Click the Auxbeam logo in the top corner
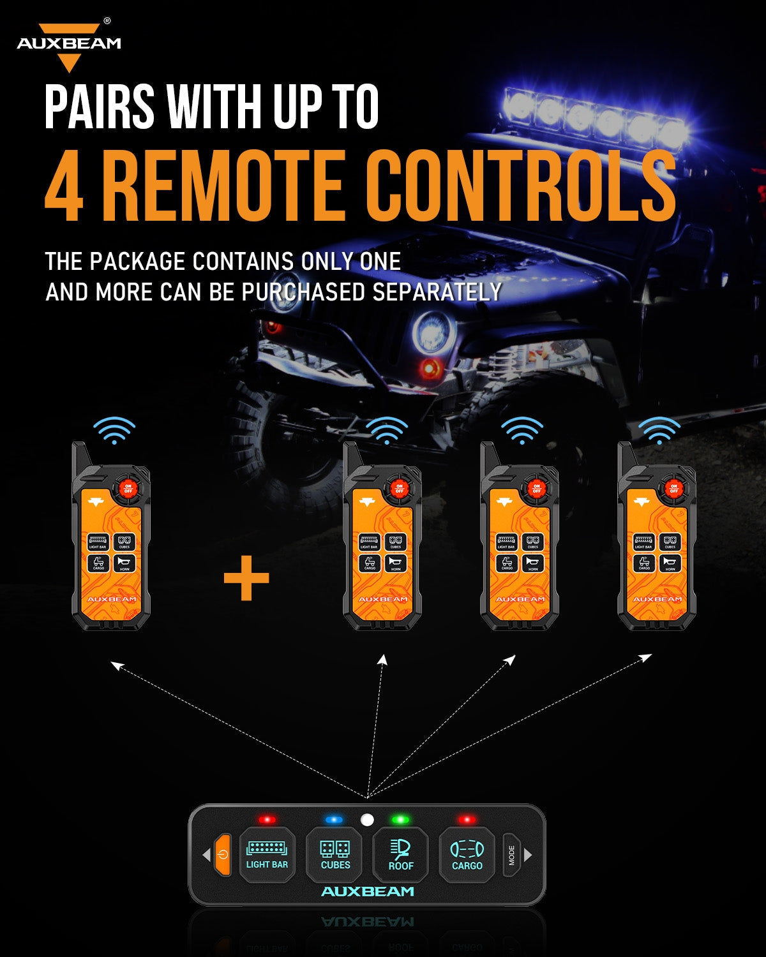click(x=68, y=45)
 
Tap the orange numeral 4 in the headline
click(x=64, y=185)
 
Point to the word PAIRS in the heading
click(x=100, y=107)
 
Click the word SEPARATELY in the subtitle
click(x=437, y=292)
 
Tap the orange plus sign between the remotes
click(x=246, y=578)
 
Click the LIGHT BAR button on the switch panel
click(x=267, y=855)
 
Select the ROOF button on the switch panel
click(x=401, y=855)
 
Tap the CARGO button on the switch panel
click(x=467, y=855)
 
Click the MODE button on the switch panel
click(x=511, y=855)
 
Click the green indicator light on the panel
click(x=400, y=819)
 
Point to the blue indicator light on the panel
click(x=334, y=819)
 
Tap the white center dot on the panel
click(x=367, y=820)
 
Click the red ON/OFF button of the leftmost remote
click(x=128, y=489)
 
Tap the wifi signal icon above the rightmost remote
click(x=659, y=431)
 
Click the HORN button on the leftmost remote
click(x=124, y=563)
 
